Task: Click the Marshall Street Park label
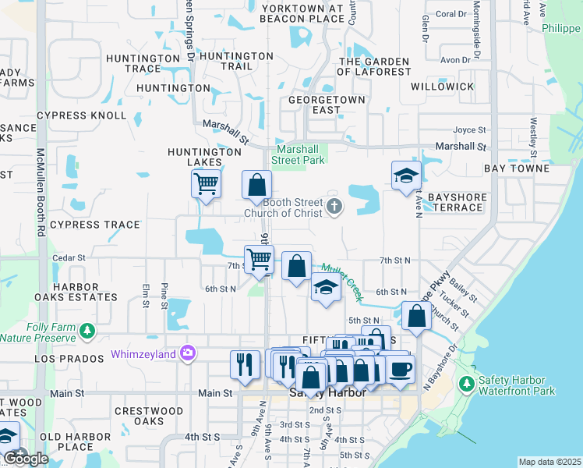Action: [298, 154]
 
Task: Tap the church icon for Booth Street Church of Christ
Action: [334, 206]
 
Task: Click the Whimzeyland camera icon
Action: [188, 354]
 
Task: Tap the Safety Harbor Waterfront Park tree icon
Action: [466, 384]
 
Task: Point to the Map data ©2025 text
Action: [549, 462]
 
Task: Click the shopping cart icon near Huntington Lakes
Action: [207, 185]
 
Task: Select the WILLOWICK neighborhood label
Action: [442, 87]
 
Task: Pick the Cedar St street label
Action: [68, 257]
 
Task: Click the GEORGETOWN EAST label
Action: [327, 105]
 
